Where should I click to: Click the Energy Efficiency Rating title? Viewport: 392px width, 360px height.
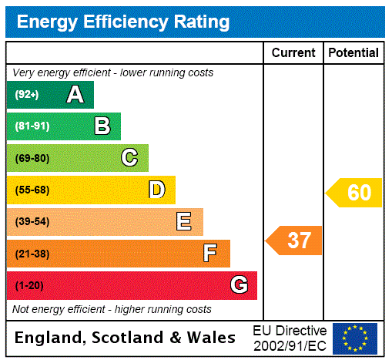tap(123, 22)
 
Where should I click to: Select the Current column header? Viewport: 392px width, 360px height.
tap(293, 53)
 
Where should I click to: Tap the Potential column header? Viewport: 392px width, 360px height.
tap(353, 53)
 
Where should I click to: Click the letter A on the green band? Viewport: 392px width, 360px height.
tap(75, 95)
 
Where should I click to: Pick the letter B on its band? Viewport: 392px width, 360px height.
tap(102, 126)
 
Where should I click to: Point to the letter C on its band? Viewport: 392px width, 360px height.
tap(129, 158)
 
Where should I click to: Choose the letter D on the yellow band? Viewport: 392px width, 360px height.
tap(156, 190)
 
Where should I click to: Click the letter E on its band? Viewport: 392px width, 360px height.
tap(183, 222)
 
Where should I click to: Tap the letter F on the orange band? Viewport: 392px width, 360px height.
tap(209, 254)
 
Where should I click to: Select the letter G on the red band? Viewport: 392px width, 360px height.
tap(239, 285)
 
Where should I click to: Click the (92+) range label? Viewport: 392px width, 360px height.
tap(27, 96)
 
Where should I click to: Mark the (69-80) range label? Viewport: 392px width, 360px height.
tap(32, 159)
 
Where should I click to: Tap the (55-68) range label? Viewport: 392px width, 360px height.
tap(32, 190)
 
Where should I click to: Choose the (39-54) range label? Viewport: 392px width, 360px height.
tap(32, 222)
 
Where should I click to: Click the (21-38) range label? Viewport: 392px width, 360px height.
tap(32, 254)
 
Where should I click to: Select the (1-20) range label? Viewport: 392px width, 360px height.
tap(29, 286)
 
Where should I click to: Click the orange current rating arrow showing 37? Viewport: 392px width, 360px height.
tap(294, 241)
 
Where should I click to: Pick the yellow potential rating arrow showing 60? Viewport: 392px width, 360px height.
tap(354, 193)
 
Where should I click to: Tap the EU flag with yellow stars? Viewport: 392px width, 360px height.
tap(355, 338)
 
